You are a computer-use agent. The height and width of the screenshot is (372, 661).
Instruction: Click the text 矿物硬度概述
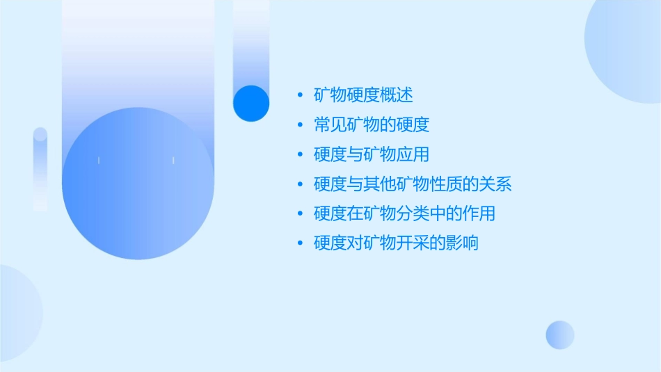[363, 95]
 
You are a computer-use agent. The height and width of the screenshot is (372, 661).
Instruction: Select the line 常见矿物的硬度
[372, 124]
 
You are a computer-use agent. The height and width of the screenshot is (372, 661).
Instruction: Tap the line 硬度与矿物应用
[372, 154]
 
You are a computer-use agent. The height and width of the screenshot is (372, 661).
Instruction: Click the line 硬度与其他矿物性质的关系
[413, 184]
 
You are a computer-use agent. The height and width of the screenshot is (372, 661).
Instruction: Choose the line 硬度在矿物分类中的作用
[404, 213]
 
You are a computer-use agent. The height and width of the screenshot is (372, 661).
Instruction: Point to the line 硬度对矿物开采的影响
[396, 243]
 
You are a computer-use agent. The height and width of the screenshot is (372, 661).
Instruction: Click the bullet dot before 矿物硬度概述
[300, 95]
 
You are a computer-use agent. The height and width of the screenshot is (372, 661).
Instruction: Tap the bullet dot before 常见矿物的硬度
[300, 125]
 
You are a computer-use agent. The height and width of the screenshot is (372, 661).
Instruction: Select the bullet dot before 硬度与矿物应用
[300, 155]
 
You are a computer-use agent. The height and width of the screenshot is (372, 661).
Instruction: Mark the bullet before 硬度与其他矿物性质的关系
[300, 185]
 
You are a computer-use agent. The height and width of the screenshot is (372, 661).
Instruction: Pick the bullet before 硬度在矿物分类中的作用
[300, 214]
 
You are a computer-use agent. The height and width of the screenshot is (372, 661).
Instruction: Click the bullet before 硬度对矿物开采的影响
[300, 244]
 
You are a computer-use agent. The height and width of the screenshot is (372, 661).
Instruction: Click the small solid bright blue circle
[251, 103]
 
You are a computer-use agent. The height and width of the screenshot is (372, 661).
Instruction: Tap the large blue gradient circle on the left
[138, 184]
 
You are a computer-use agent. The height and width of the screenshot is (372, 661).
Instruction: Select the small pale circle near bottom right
[560, 334]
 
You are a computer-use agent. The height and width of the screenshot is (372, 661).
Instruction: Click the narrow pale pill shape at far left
[40, 169]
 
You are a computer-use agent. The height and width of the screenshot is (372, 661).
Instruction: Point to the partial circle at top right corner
[626, 49]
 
